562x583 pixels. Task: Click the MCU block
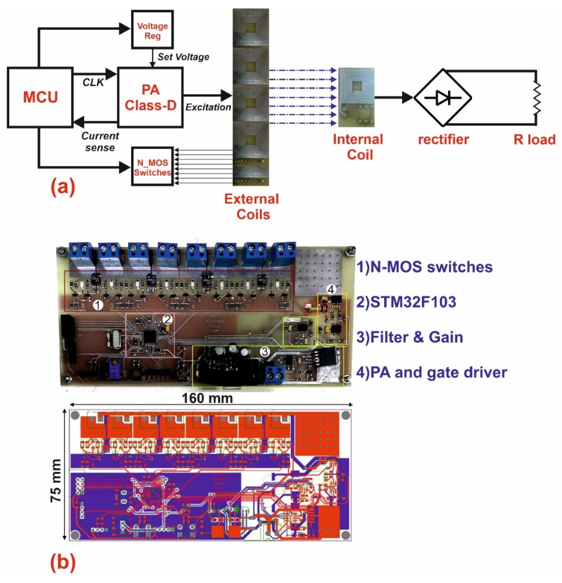[x=40, y=97]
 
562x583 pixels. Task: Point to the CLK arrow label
[x=93, y=82]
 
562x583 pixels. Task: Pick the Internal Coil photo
[x=356, y=97]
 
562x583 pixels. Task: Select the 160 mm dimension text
[x=207, y=398]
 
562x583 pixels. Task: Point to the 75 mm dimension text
[x=56, y=481]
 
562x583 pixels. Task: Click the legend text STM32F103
[x=406, y=302]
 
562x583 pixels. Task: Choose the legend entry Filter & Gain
[x=410, y=337]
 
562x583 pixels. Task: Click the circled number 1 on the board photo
[x=97, y=305]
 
